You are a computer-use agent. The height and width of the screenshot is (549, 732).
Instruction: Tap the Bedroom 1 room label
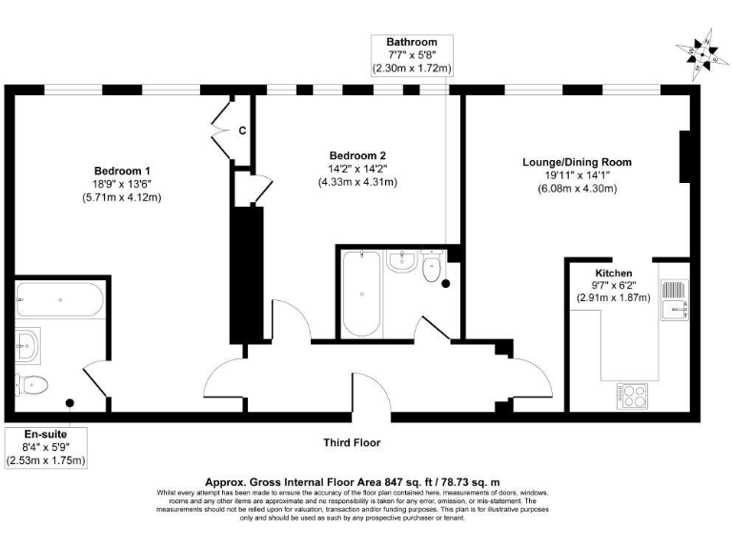[121, 172]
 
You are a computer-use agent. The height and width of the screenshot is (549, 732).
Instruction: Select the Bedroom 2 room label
[357, 155]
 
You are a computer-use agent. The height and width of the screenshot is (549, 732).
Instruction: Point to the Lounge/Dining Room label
[577, 162]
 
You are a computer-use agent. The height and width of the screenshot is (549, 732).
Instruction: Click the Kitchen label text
[613, 273]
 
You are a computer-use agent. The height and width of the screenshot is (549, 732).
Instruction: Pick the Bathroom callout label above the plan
[412, 43]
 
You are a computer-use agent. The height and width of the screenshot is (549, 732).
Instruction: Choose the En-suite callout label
[46, 433]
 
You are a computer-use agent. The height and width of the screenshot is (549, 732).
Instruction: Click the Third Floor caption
[351, 443]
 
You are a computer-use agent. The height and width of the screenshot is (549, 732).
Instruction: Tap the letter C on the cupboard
[242, 132]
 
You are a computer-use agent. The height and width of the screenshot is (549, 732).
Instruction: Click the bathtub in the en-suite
[59, 302]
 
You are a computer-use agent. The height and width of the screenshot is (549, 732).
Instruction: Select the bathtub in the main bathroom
[359, 292]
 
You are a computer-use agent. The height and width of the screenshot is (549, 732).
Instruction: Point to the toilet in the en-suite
[33, 385]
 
